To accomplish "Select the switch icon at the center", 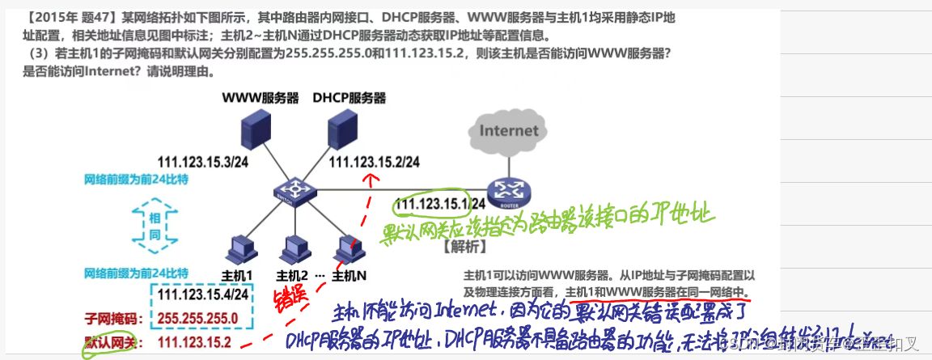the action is tap(293, 192).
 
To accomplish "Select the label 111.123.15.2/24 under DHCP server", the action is tap(374, 162).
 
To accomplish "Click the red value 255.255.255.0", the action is tap(197, 318).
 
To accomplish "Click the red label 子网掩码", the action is tap(113, 318).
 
